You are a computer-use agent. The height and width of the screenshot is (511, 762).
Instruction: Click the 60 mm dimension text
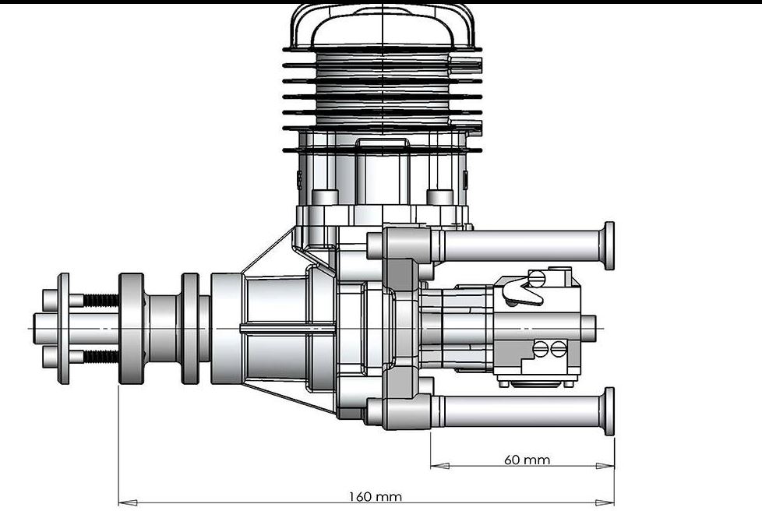[527, 459]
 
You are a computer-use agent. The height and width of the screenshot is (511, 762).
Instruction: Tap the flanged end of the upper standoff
[609, 245]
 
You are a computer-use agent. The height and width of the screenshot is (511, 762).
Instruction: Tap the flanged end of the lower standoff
[609, 411]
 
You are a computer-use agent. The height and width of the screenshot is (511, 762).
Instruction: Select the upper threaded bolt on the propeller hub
[99, 300]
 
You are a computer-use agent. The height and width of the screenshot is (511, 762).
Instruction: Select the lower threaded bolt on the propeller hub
[99, 357]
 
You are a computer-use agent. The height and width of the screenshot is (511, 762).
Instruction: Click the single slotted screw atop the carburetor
[535, 277]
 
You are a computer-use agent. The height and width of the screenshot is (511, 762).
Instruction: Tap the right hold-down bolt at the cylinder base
[440, 197]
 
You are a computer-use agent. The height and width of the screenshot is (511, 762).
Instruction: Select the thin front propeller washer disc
[63, 328]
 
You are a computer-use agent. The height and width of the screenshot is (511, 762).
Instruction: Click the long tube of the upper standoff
[518, 246]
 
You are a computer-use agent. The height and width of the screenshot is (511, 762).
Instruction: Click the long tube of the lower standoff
[518, 411]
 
